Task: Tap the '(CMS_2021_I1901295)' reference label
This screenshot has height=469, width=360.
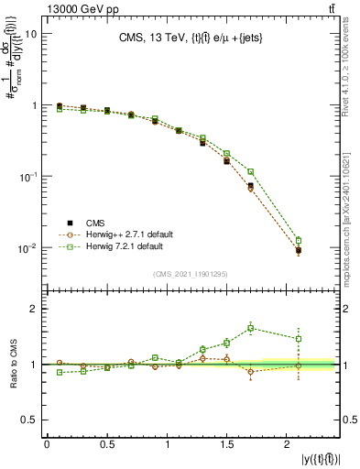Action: click(191, 274)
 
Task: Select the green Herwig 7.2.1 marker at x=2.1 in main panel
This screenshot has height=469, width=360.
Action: click(299, 240)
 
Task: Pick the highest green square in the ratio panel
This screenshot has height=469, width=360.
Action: click(251, 328)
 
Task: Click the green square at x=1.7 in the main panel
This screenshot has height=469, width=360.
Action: click(250, 171)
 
